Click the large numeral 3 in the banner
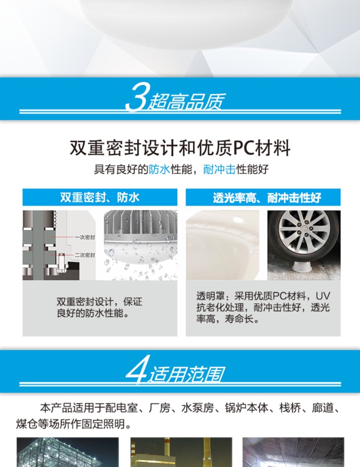[136, 97]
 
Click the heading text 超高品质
[186, 101]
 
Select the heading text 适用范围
[187, 374]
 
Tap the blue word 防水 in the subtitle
[159, 169]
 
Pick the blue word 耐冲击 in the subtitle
[219, 169]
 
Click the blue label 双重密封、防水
[100, 197]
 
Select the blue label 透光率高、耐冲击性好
[267, 197]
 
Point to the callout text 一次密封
[85, 238]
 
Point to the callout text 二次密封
[85, 255]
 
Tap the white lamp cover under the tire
[302, 266]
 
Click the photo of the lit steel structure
[68, 452]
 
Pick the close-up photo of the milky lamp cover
[223, 245]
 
